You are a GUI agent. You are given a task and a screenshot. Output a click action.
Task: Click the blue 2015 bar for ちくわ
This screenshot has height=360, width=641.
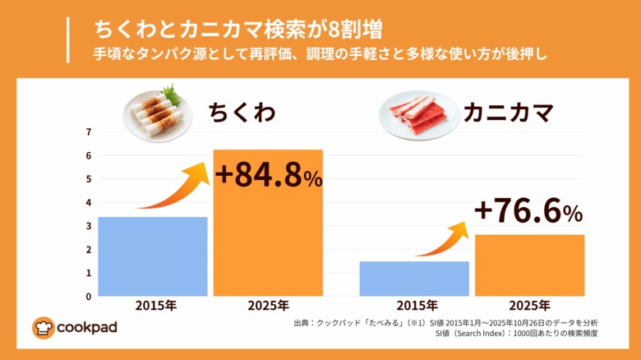pyautogui.click(x=152, y=256)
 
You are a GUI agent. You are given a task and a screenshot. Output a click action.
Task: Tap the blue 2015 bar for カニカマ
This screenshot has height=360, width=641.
pyautogui.click(x=414, y=279)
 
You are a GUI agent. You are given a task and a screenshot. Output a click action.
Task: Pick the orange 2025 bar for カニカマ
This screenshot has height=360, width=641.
pyautogui.click(x=530, y=265)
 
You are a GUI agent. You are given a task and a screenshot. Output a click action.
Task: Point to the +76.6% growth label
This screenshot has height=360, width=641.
pyautogui.click(x=528, y=212)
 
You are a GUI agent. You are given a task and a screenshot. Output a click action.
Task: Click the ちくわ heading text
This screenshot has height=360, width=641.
pyautogui.click(x=240, y=112)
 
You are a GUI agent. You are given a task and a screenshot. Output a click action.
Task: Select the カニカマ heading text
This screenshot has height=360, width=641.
pyautogui.click(x=507, y=112)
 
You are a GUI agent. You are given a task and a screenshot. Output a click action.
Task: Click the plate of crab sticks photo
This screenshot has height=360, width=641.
pyautogui.click(x=419, y=114)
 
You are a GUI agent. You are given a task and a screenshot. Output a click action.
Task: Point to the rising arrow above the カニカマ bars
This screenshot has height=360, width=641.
pyautogui.click(x=444, y=239)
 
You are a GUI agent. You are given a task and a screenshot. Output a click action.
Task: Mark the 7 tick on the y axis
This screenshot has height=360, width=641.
pyautogui.click(x=89, y=132)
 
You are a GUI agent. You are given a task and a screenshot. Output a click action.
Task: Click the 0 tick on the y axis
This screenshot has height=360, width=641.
pyautogui.click(x=89, y=296)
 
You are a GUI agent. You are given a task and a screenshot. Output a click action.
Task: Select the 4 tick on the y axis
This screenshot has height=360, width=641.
pyautogui.click(x=89, y=202)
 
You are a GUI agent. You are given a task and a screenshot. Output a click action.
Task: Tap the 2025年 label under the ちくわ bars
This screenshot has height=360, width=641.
pyautogui.click(x=268, y=306)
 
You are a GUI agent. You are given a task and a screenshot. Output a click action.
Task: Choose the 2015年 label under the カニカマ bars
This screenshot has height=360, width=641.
pyautogui.click(x=414, y=306)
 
